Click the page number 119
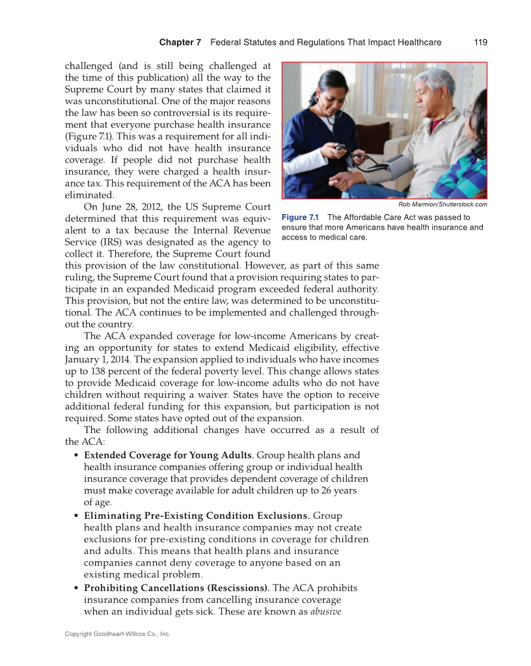pos(480,42)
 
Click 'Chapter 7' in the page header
pos(180,42)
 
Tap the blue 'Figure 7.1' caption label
pos(301,217)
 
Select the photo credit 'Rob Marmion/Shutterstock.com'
pos(442,204)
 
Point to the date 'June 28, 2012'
pos(128,207)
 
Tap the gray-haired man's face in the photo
pos(430,94)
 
